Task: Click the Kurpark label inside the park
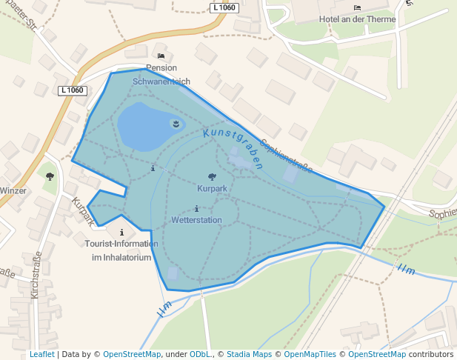click(212, 189)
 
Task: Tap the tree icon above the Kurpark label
click(213, 177)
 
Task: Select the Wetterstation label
click(196, 220)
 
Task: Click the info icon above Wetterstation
click(196, 208)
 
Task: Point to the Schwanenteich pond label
click(161, 81)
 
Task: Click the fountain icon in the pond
click(176, 124)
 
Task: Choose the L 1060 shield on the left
click(72, 90)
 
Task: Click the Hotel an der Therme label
click(357, 19)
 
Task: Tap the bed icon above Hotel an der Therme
click(358, 7)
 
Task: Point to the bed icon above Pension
click(161, 56)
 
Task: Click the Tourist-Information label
click(121, 244)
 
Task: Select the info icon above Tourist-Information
click(121, 232)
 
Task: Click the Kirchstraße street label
click(35, 275)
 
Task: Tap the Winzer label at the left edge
click(13, 190)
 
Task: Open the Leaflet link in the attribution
click(41, 354)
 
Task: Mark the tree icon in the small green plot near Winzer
click(50, 176)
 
